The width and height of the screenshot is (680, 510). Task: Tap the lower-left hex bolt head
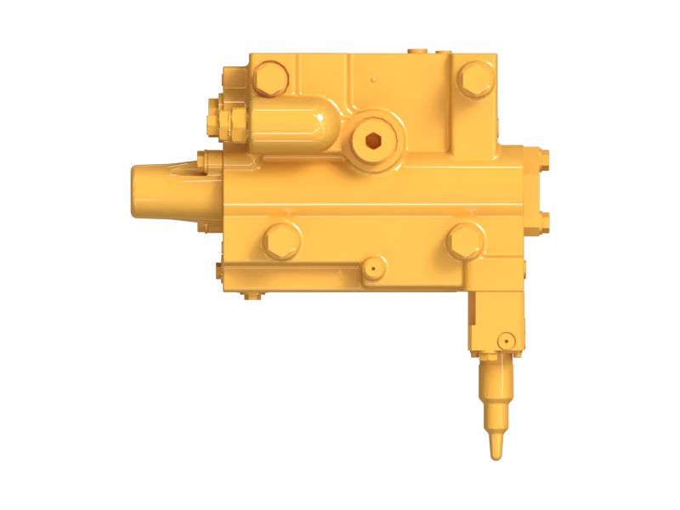point(281,240)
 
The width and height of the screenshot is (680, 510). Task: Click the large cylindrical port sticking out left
point(161,191)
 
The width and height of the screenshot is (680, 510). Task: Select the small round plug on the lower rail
point(371,269)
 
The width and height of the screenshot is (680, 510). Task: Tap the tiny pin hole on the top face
point(374,82)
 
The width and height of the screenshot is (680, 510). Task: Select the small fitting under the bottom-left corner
point(250,296)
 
